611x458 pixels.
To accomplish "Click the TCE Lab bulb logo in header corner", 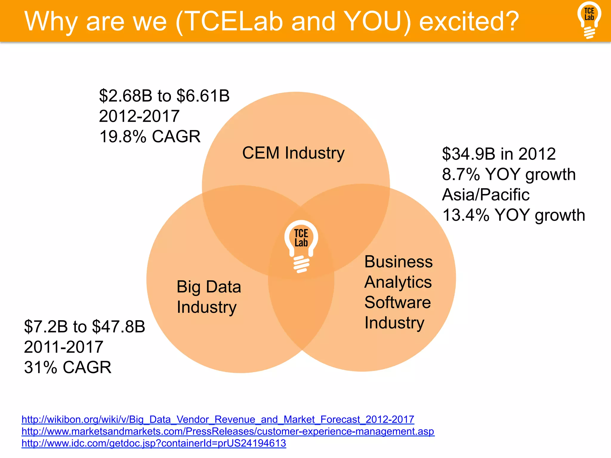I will click(x=589, y=20).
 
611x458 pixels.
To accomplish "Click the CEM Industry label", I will click(x=293, y=153).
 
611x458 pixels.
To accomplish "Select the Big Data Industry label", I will click(x=209, y=297).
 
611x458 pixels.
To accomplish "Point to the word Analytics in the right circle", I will click(x=398, y=282).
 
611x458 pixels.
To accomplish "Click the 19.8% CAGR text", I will click(x=150, y=137).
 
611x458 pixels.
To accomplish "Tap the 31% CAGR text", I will click(x=68, y=367).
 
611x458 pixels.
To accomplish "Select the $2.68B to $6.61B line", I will click(x=164, y=96).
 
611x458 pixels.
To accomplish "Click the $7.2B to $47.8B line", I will click(x=84, y=327).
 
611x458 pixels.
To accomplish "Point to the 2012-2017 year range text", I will click(x=139, y=116).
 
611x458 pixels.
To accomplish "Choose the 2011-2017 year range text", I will click(x=64, y=347).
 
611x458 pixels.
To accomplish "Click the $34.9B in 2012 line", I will click(x=499, y=154).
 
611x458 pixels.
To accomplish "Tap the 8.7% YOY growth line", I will click(x=509, y=174).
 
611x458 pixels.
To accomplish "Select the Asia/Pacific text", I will click(x=486, y=195).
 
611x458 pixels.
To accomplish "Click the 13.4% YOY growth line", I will click(x=513, y=215).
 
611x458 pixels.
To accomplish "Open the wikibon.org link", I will click(x=218, y=420).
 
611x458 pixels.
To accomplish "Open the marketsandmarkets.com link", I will click(x=228, y=431).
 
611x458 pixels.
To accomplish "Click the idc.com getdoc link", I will click(x=154, y=443).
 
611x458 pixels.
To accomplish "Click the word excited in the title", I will click(x=469, y=21).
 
